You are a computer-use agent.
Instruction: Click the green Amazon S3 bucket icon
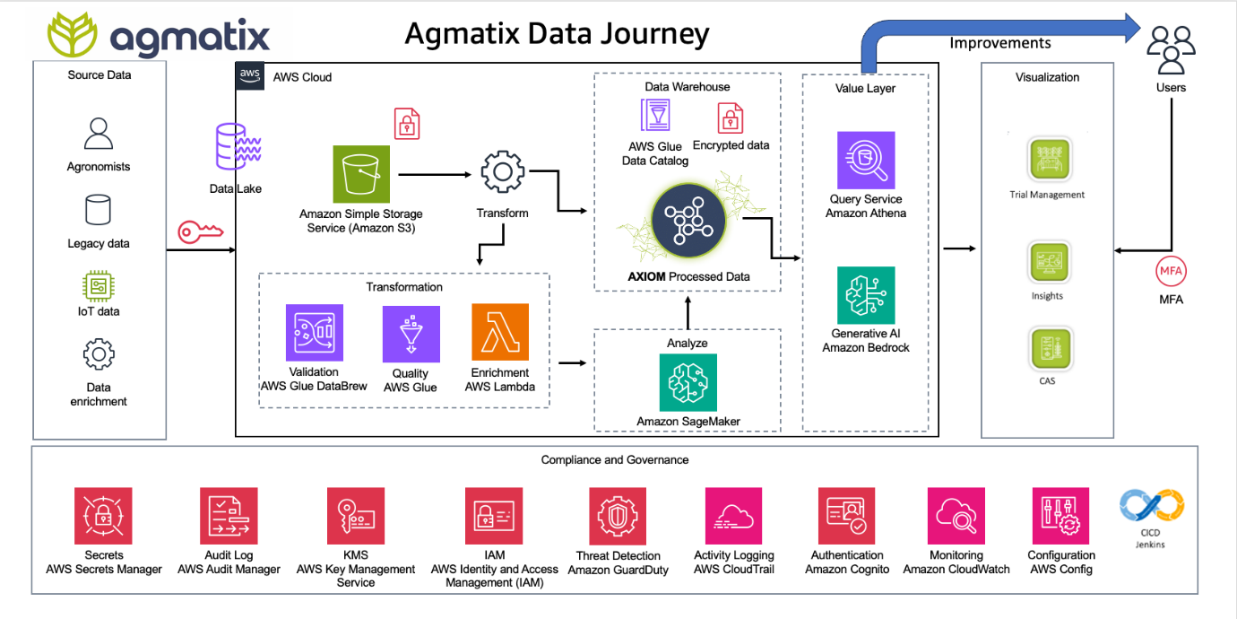tap(361, 174)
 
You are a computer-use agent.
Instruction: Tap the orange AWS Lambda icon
tap(500, 332)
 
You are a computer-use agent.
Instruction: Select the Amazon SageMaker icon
tap(688, 382)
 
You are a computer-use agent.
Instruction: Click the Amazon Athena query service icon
tap(866, 161)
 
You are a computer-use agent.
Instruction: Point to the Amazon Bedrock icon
tap(866, 295)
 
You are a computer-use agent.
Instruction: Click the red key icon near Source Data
tap(200, 232)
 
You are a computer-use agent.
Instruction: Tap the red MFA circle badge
tap(1171, 271)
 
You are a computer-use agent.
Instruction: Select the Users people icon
tap(1171, 49)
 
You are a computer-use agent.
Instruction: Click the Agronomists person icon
tap(99, 134)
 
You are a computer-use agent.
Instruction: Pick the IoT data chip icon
tap(99, 286)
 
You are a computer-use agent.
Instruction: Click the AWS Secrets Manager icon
tap(103, 516)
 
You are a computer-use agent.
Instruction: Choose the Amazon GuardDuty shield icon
tap(618, 516)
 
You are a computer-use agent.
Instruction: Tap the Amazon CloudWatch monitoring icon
tap(956, 516)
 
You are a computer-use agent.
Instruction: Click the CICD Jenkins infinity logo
tap(1152, 505)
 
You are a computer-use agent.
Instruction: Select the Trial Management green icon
tap(1049, 159)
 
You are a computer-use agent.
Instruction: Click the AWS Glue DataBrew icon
tap(315, 333)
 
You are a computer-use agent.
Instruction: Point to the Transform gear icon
tap(503, 172)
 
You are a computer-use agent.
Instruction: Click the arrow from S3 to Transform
tap(435, 175)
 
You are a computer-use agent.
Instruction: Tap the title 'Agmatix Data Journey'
tap(557, 34)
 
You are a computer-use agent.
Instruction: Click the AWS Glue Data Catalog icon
tap(655, 115)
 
